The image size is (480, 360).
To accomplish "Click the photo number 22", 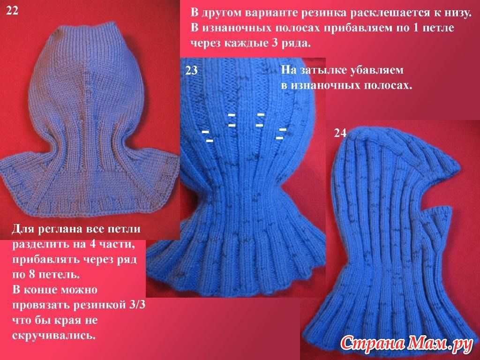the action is [x=12, y=11].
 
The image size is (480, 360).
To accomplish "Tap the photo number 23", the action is [x=191, y=70].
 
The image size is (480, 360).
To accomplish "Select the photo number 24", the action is [x=340, y=133].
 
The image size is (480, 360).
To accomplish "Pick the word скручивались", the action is [x=54, y=336].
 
